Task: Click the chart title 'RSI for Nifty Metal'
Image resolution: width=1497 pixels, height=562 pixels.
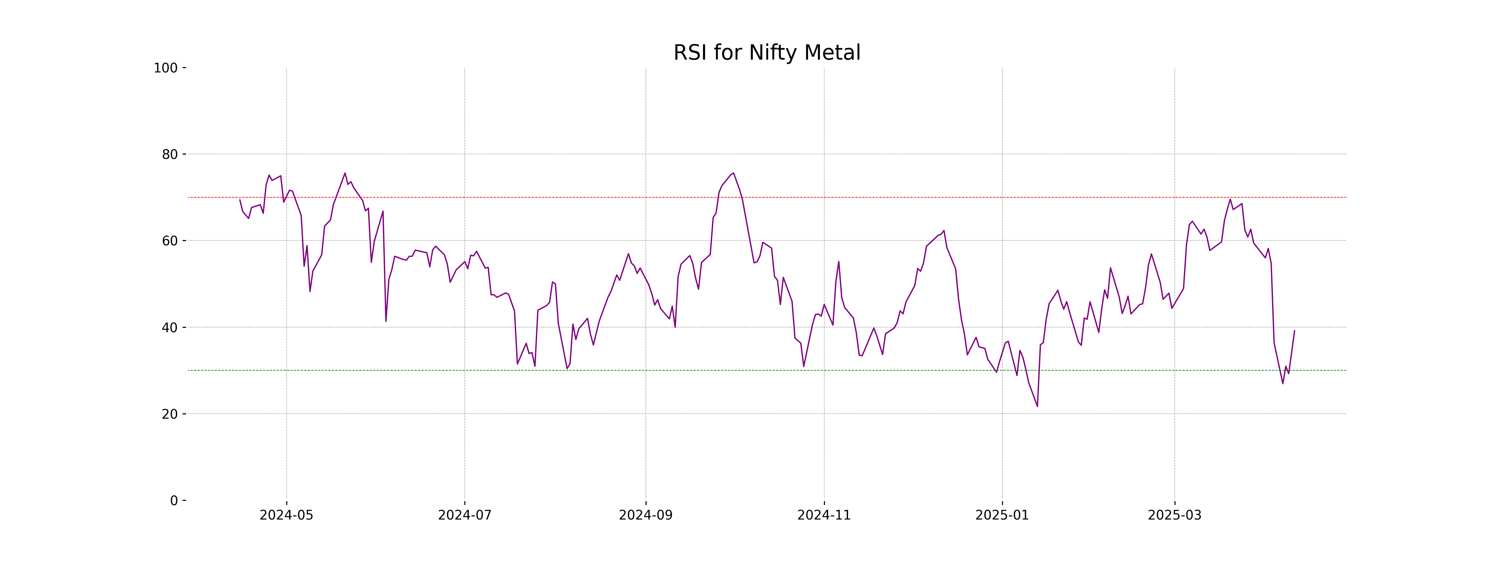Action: (767, 53)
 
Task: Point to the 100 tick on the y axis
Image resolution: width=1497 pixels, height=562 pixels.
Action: (166, 68)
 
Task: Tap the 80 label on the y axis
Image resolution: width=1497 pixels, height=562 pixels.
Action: (170, 155)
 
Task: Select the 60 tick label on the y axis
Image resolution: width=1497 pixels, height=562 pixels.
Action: (170, 241)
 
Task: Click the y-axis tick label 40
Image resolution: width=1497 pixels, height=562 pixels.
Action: (170, 328)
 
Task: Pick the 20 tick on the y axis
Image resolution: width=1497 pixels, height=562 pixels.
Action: (170, 414)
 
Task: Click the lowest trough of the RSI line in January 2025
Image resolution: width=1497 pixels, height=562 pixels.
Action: (1037, 406)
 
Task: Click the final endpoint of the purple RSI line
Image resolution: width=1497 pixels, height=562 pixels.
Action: (1294, 330)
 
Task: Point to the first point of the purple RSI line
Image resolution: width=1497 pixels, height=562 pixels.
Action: (240, 200)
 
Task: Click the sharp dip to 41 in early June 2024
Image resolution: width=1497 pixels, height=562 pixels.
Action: (386, 321)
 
